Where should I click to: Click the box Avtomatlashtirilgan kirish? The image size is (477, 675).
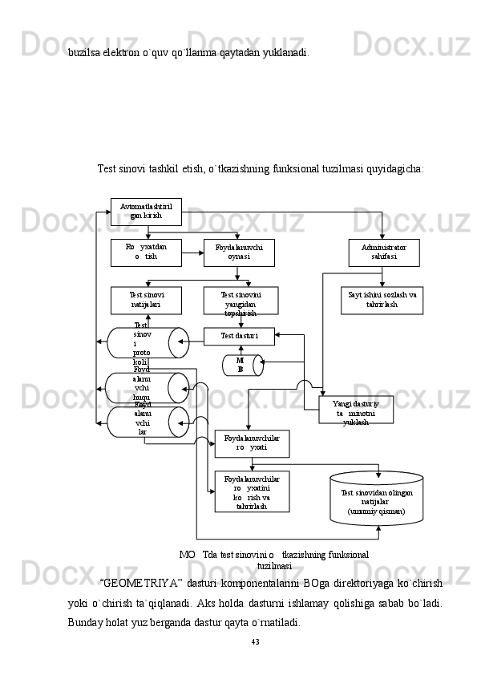tap(146, 212)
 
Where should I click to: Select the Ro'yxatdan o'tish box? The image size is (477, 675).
tap(146, 252)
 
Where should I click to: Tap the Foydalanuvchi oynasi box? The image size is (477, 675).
tap(239, 252)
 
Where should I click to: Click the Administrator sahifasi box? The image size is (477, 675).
tap(383, 252)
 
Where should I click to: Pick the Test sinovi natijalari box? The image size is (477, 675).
tap(146, 300)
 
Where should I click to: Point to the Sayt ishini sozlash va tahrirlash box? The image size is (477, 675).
tap(382, 300)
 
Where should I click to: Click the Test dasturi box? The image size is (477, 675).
tap(239, 336)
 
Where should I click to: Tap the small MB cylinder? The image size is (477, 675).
tap(241, 366)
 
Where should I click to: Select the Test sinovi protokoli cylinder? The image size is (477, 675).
tap(148, 342)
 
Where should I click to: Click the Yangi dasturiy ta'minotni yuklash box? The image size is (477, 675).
tap(356, 410)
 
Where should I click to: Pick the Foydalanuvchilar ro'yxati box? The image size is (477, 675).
tap(252, 443)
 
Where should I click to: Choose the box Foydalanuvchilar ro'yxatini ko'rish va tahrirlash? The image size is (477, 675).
tap(252, 491)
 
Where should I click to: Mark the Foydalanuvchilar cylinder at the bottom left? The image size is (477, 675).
tap(148, 422)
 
